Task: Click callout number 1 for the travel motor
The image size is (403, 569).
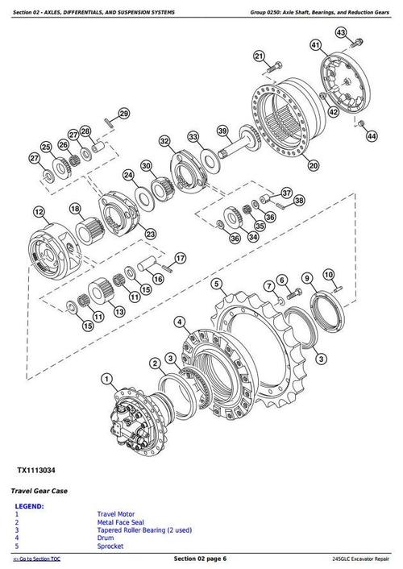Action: tap(106, 378)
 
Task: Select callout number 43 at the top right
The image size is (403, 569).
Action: tap(342, 32)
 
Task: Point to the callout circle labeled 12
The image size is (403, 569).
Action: tap(38, 212)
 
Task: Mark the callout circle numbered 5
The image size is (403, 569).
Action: tap(216, 283)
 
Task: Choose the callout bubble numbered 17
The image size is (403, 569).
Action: tap(180, 258)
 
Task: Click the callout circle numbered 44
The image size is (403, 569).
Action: tap(370, 137)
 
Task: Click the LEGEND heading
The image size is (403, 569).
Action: tap(29, 506)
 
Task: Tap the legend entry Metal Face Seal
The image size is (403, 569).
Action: tap(120, 521)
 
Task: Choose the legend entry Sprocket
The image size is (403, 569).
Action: tap(111, 546)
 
